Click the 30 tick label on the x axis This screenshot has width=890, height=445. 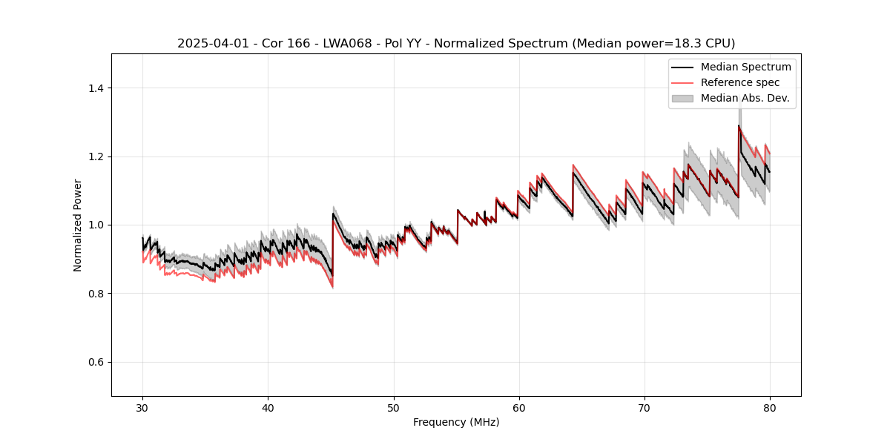pos(143,408)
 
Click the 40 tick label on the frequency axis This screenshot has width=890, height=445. pos(268,408)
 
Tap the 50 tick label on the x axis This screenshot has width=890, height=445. pos(394,408)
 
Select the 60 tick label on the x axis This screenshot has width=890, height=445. pos(519,408)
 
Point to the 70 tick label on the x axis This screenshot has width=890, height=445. pos(645,408)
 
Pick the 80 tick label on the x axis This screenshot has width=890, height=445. pos(770,408)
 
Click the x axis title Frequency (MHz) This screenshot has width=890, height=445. pos(456,422)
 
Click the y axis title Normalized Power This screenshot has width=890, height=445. pos(78,225)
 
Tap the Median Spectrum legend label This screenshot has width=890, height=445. pos(745,67)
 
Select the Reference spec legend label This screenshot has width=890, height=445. pos(740,82)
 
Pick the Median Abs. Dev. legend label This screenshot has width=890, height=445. pos(745,98)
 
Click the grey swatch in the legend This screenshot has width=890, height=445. pos(682,98)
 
